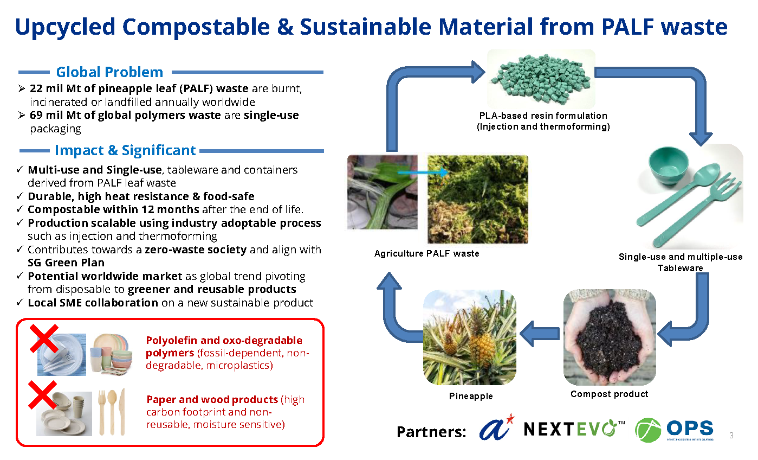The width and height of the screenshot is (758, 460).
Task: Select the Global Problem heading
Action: (109, 72)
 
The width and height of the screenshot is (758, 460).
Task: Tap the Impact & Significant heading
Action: (125, 150)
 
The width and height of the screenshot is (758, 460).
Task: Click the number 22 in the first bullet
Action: (36, 89)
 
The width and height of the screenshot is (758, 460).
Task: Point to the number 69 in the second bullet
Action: (36, 115)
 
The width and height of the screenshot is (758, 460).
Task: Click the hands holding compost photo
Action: (610, 337)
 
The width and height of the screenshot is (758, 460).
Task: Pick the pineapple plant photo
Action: (469, 337)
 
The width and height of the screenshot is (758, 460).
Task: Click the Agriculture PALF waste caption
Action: (426, 253)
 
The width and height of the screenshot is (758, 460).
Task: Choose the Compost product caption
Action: (609, 394)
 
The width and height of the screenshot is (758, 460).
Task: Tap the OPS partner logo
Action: (675, 430)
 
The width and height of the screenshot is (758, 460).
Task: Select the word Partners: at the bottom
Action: (431, 432)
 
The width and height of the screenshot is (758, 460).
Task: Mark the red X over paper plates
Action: (43, 395)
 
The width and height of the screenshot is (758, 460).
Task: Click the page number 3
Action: (731, 436)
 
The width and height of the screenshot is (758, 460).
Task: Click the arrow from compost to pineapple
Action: (539, 332)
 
